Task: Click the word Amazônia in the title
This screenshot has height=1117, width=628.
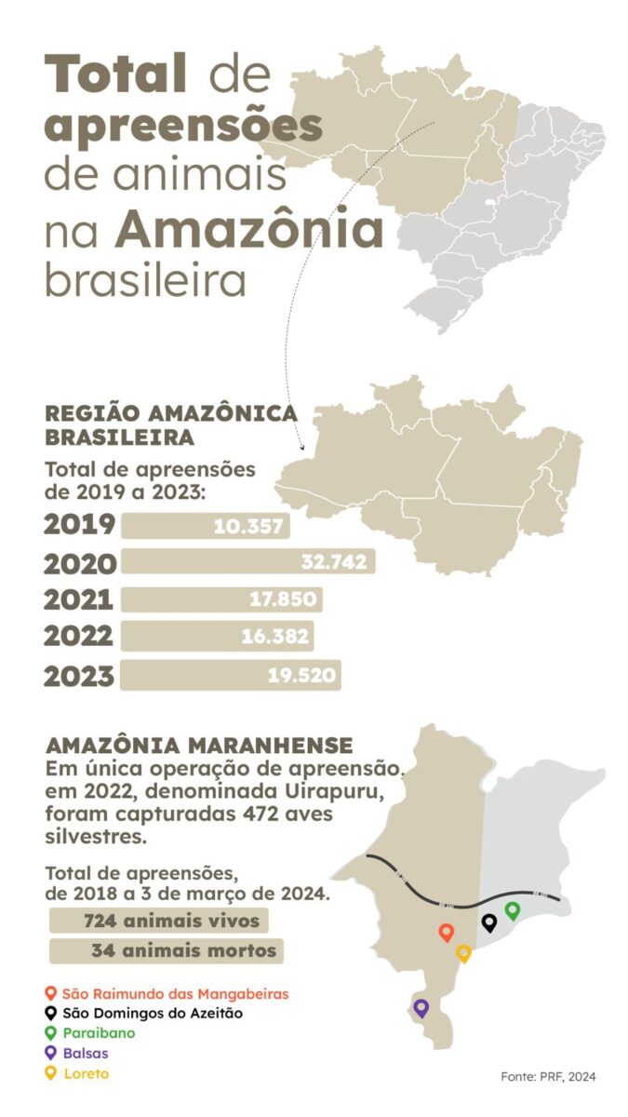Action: click(249, 228)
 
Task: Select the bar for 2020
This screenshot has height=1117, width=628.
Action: click(247, 561)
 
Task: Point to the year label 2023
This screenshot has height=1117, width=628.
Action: click(79, 676)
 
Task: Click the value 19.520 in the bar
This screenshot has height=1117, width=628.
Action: click(301, 676)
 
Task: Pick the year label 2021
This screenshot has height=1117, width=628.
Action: click(79, 600)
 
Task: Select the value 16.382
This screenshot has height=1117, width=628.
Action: click(276, 637)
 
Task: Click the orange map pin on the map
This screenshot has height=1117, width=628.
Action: click(447, 932)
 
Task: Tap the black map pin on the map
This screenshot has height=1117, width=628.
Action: click(489, 922)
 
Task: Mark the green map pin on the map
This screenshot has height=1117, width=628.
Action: click(512, 909)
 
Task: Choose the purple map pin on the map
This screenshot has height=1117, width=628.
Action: click(421, 1006)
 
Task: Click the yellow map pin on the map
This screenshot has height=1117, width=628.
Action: click(463, 952)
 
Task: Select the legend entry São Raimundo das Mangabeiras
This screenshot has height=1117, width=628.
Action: click(175, 994)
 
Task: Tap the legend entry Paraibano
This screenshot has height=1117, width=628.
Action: click(99, 1033)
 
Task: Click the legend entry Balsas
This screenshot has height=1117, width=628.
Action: click(86, 1053)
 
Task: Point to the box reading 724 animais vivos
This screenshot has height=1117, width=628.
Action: click(159, 922)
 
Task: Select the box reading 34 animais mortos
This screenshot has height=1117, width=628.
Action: click(167, 950)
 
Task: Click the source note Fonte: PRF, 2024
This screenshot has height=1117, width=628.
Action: click(548, 1077)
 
